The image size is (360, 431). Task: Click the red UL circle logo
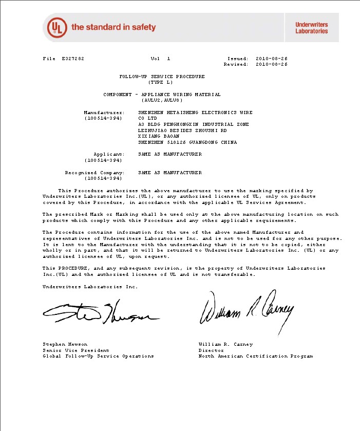pyautogui.click(x=57, y=27)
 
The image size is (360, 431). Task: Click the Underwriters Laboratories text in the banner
pyautogui.click(x=311, y=28)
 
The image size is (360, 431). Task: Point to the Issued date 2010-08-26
pyautogui.click(x=271, y=59)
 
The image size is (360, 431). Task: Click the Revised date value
pyautogui.click(x=271, y=64)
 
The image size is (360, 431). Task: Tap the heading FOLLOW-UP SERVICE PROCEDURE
pyautogui.click(x=162, y=77)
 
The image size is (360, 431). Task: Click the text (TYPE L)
pyautogui.click(x=162, y=82)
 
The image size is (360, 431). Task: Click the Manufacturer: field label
pyautogui.click(x=104, y=112)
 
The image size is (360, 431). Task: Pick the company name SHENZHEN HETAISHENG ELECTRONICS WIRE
pyautogui.click(x=195, y=112)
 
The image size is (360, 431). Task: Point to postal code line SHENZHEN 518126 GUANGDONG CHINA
pyautogui.click(x=187, y=142)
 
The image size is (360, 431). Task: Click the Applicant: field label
pyautogui.click(x=109, y=154)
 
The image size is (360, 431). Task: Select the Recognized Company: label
pyautogui.click(x=94, y=173)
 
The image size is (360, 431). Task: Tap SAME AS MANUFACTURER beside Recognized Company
pyautogui.click(x=170, y=173)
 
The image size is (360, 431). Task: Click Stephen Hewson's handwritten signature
pyautogui.click(x=98, y=311)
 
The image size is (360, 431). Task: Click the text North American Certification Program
pyautogui.click(x=255, y=356)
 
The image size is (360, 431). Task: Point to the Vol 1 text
pyautogui.click(x=160, y=59)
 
